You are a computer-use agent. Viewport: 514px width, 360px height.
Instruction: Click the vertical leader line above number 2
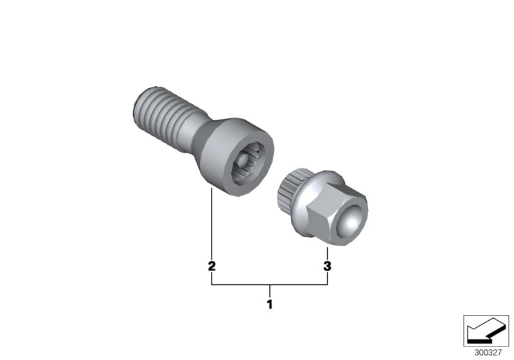[211, 225]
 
